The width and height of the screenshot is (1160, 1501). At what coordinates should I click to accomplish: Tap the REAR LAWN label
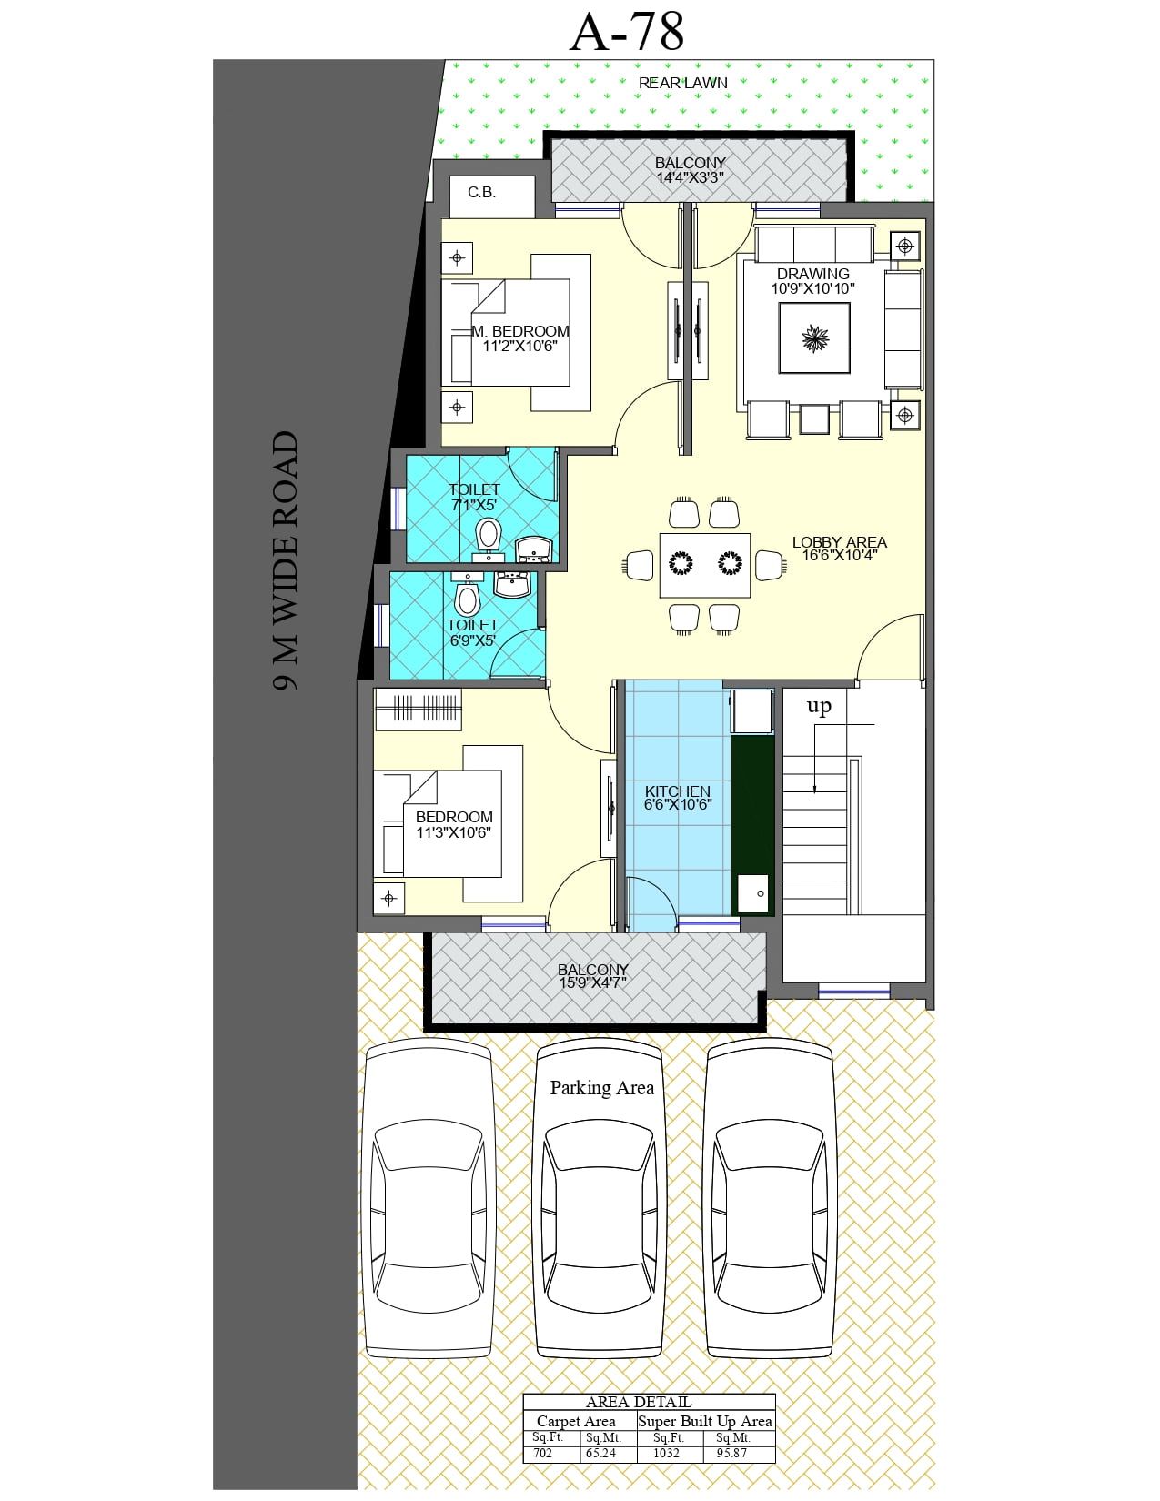[682, 83]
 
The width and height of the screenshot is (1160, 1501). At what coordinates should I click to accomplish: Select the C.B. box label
[481, 192]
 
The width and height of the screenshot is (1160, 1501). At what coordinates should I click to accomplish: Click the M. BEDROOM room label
[520, 331]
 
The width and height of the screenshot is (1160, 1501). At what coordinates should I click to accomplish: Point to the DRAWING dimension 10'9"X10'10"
[812, 288]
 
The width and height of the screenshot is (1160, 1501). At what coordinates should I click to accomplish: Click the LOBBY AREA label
[839, 542]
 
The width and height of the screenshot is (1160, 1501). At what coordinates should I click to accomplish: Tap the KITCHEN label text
[678, 791]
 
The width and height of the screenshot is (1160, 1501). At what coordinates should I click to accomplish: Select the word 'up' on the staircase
[819, 706]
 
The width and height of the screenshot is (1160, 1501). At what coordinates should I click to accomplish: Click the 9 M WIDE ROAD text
[286, 560]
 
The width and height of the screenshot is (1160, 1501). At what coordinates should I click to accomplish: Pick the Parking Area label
[601, 1087]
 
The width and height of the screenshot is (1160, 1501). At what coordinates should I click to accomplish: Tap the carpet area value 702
[543, 1453]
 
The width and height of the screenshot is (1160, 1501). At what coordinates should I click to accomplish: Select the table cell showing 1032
[666, 1453]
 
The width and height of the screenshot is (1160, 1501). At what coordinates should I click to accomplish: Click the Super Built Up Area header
[704, 1421]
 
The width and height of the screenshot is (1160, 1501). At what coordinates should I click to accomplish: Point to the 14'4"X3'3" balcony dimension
[690, 177]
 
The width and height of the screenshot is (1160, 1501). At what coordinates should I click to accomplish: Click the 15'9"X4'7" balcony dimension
[592, 982]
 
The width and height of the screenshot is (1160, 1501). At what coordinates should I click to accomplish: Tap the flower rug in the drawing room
[814, 338]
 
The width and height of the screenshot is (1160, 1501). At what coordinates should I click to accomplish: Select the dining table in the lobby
[704, 564]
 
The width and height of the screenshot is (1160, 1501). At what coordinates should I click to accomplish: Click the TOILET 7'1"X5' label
[474, 497]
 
